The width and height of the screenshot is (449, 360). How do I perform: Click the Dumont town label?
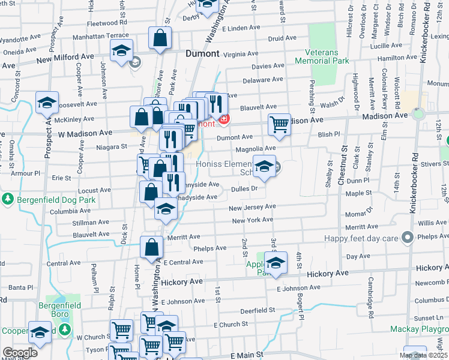point(202,52)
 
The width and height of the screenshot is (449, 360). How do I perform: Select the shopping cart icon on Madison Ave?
point(279,124)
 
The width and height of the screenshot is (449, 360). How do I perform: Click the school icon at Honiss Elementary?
point(264,166)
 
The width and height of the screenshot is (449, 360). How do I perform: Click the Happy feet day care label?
point(362,238)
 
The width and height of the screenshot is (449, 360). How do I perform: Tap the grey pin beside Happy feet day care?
point(408,237)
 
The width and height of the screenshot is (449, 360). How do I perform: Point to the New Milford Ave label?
point(66,58)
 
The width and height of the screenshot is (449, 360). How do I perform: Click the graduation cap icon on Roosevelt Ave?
point(47,103)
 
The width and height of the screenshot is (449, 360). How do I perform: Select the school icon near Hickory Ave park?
point(276,262)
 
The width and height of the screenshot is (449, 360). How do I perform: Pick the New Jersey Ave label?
point(252,207)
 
